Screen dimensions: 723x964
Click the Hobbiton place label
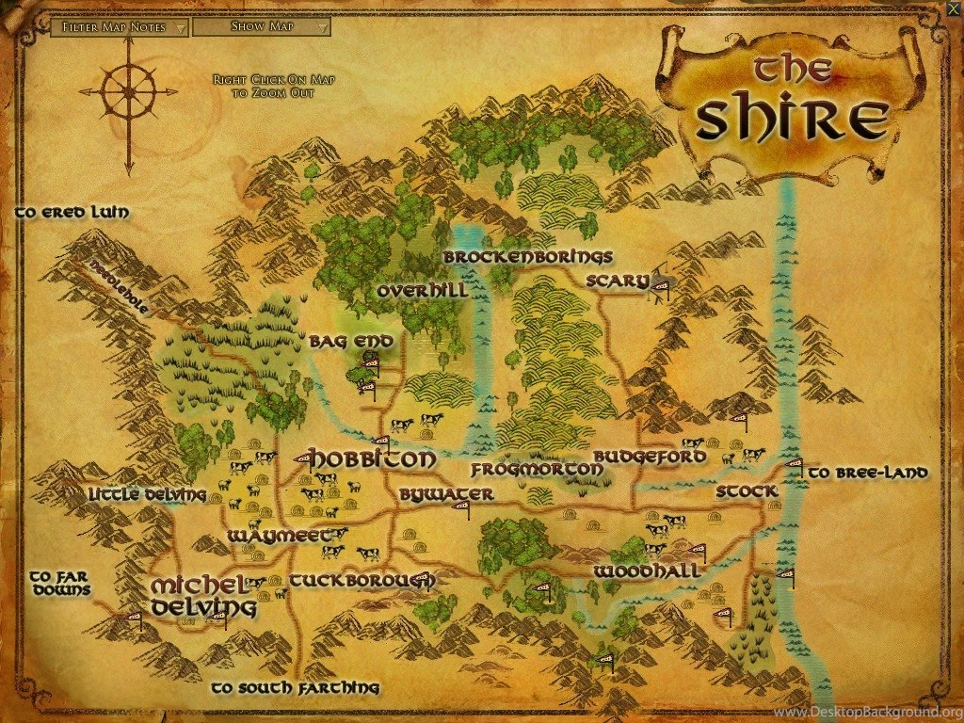pos(373,459)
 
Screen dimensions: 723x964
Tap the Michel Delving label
pos(203,595)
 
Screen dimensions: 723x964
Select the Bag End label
pos(344,342)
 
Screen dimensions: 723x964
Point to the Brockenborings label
pos(528,257)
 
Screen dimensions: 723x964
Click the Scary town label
pos(618,281)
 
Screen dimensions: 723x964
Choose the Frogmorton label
pos(537,469)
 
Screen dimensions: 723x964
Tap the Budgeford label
pos(650,457)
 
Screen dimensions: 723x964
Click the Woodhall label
pos(646,571)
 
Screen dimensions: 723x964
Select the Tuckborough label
pos(361,581)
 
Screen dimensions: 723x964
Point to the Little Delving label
pos(147,494)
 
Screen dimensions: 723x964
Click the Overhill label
pos(423,292)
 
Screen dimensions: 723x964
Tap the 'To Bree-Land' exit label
pos(868,473)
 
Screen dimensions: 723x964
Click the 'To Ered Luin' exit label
pos(72,213)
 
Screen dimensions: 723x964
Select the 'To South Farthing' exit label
pos(295,688)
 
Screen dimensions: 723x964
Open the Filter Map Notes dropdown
pos(120,27)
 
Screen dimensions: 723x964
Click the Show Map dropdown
pos(262,26)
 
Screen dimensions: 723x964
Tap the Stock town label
pos(747,491)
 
